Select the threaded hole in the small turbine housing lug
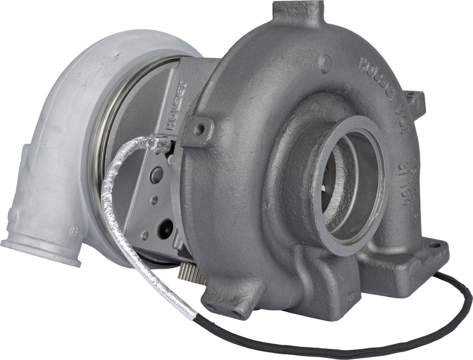click(x=199, y=130)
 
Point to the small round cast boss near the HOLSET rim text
click(x=326, y=62)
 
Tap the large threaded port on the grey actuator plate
click(x=158, y=176)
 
